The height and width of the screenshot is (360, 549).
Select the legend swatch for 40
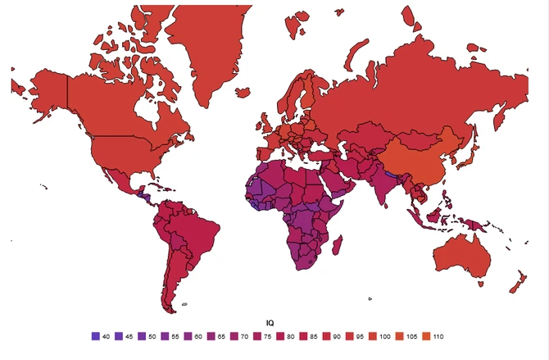coord(95,336)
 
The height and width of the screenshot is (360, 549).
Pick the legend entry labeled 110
coord(427,336)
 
